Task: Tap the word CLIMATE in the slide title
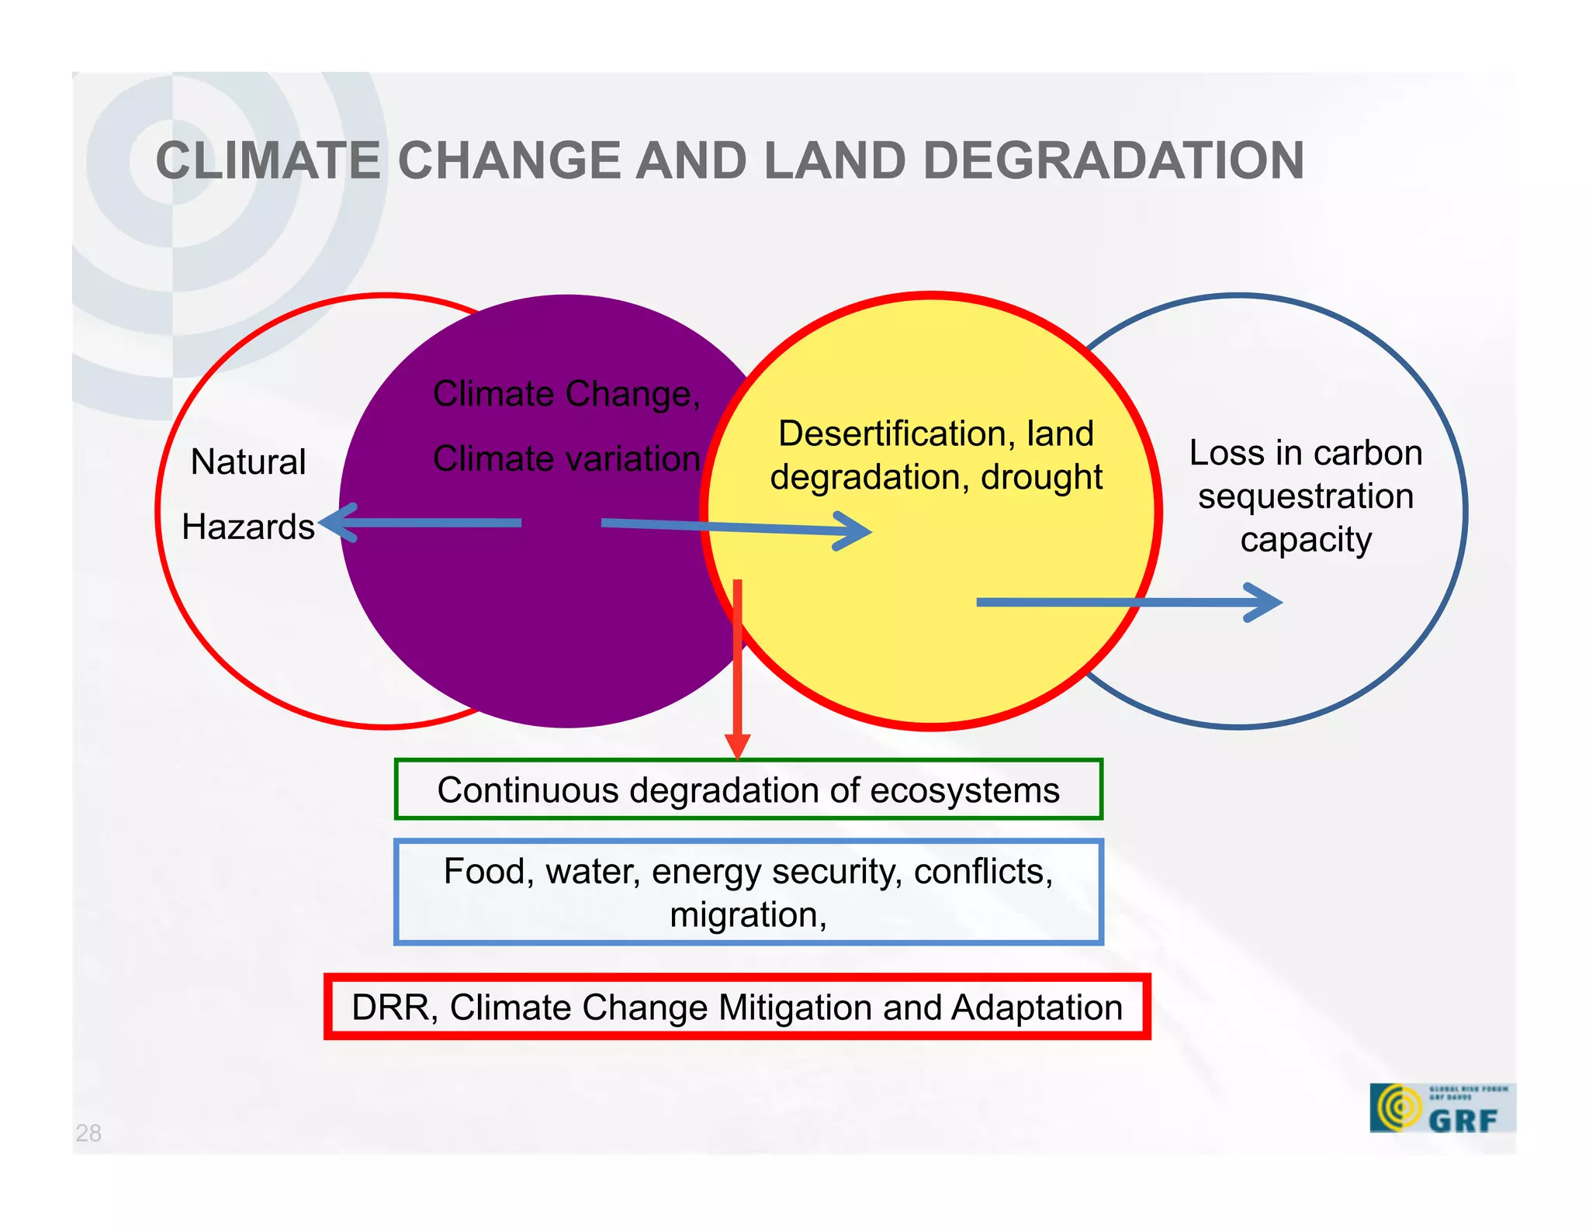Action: point(268,161)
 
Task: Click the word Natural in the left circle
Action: point(248,462)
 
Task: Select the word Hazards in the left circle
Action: point(248,527)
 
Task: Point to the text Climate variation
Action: point(566,458)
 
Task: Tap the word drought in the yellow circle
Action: point(1041,477)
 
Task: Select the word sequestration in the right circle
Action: point(1305,496)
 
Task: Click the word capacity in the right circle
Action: point(1305,540)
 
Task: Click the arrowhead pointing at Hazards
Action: point(335,523)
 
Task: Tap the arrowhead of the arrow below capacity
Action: point(1265,603)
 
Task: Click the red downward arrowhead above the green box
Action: point(737,746)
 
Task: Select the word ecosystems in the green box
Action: point(964,790)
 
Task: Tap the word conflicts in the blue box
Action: point(982,872)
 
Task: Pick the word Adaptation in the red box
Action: point(1037,1008)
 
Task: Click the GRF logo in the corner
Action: point(1442,1108)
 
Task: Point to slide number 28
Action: point(88,1133)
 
